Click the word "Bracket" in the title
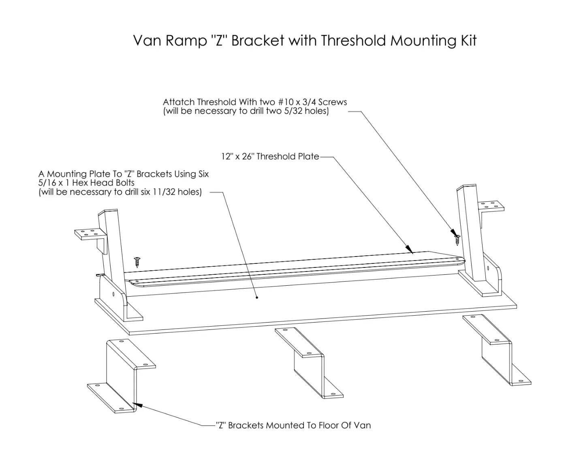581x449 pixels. pos(257,41)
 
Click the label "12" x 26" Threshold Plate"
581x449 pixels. pos(270,156)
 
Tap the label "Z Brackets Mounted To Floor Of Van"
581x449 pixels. pos(293,425)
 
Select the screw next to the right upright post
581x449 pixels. pos(457,239)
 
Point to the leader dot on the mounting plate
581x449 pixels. pos(257,297)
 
